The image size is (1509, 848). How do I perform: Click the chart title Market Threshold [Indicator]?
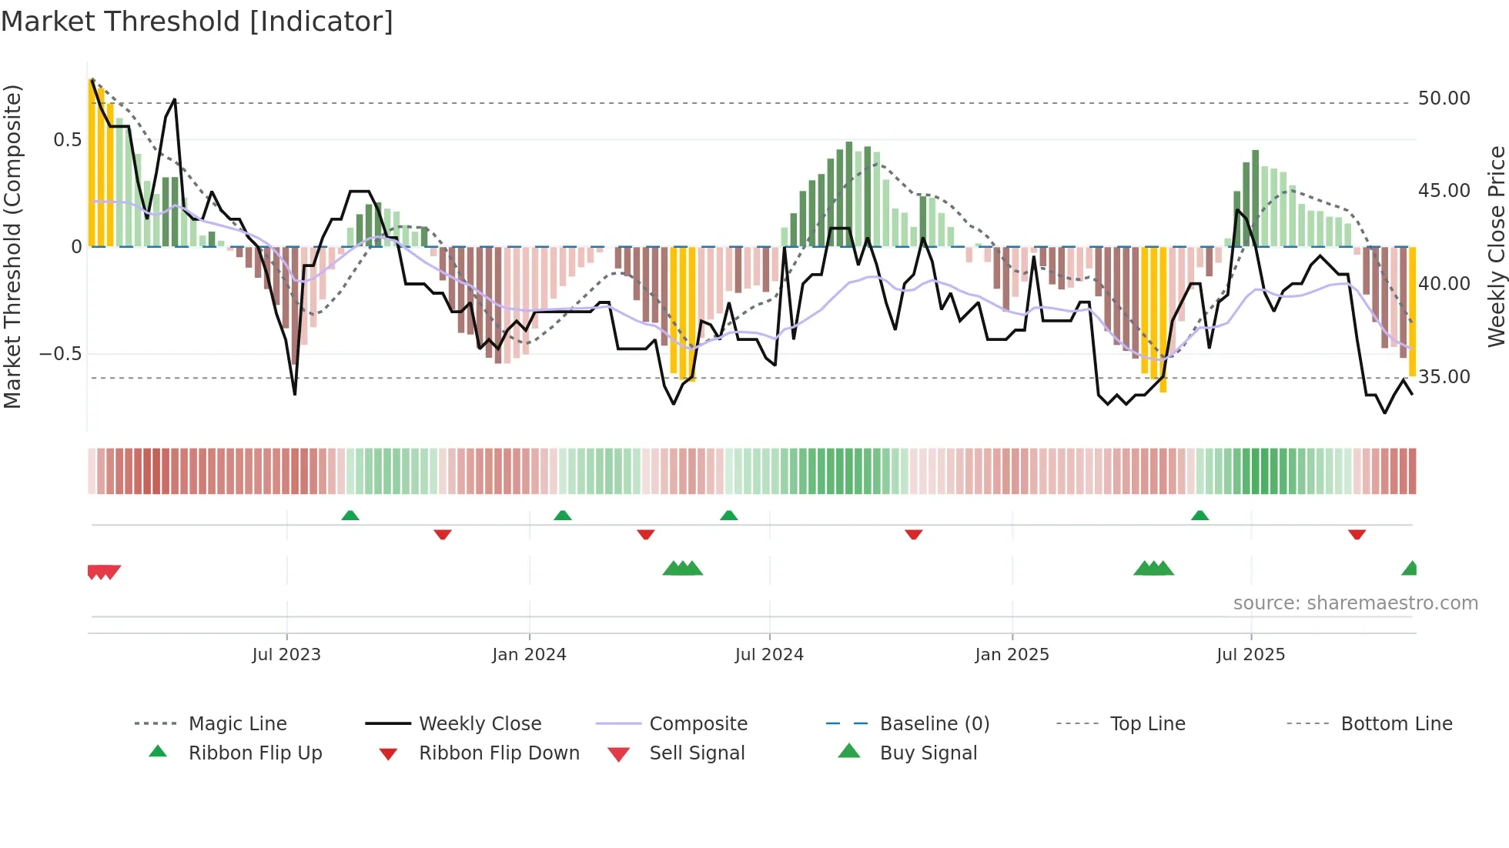point(197,22)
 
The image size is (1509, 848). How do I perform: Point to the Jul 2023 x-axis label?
point(286,655)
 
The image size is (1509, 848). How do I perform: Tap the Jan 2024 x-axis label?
point(529,655)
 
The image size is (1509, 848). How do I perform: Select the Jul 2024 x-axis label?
point(769,655)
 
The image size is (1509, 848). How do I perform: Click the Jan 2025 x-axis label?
point(1012,655)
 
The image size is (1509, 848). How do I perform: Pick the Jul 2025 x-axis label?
point(1250,655)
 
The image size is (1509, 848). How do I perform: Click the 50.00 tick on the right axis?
point(1444,98)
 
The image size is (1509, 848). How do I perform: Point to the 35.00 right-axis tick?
point(1444,377)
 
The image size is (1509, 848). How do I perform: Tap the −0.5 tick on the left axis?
point(60,354)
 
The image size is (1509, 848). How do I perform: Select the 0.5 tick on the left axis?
point(67,140)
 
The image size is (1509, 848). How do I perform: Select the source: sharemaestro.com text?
point(1355,603)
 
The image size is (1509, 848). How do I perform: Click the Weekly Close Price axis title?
point(1496,246)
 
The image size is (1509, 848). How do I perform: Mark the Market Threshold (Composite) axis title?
point(12,246)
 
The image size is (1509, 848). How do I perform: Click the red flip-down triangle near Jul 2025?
point(1357,534)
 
